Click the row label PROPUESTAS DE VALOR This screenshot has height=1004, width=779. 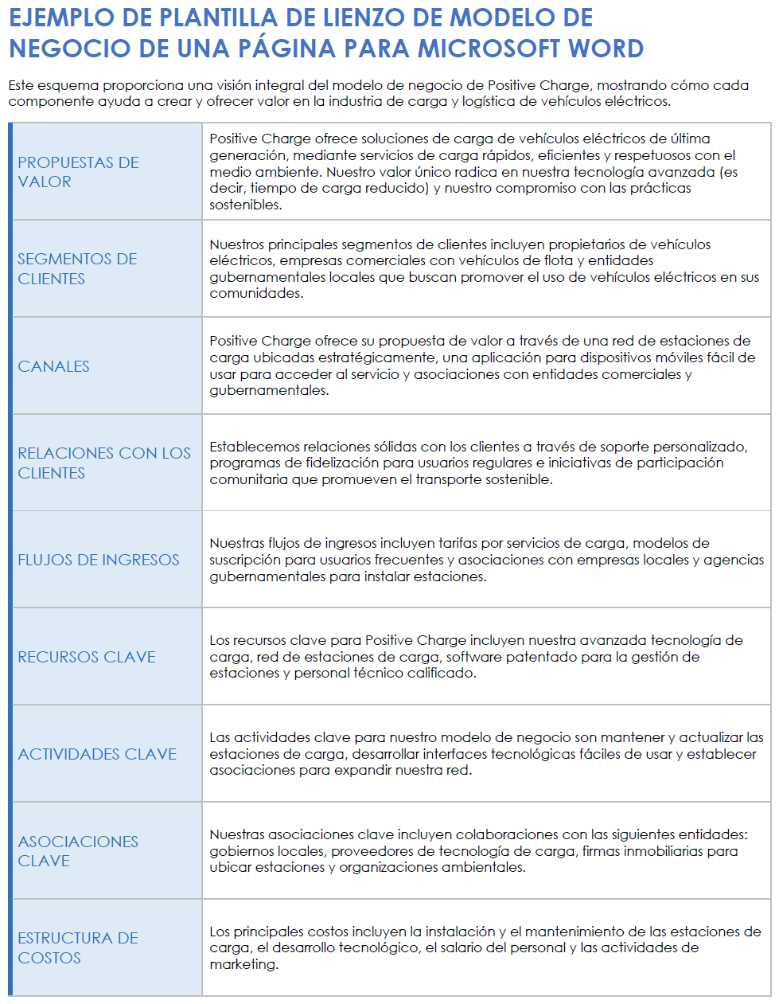click(x=78, y=172)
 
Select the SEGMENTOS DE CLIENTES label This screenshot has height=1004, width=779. click(x=77, y=269)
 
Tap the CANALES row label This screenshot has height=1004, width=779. click(x=53, y=366)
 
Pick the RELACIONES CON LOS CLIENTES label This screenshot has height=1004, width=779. click(x=104, y=463)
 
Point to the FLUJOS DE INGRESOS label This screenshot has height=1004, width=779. click(x=99, y=560)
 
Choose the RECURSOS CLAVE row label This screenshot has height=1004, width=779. click(x=87, y=657)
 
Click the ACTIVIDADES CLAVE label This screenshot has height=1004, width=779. click(x=97, y=754)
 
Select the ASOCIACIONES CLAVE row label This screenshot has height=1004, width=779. click(x=78, y=851)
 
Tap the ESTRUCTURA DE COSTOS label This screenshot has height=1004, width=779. click(x=78, y=947)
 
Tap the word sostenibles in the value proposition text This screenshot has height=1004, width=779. click(x=245, y=205)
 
